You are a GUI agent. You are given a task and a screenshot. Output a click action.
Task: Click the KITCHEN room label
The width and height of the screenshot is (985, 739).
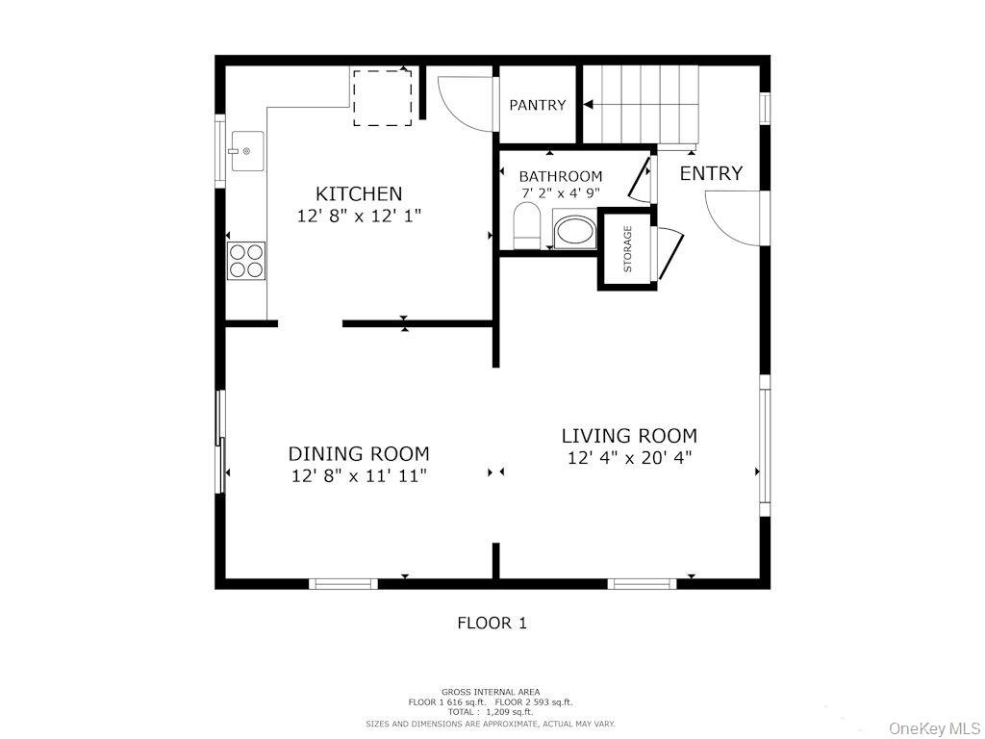click(x=359, y=194)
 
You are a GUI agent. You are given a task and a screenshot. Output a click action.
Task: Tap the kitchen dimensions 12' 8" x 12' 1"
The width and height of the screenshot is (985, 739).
click(x=359, y=217)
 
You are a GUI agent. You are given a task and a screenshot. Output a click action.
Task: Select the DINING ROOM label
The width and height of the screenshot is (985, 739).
click(x=359, y=453)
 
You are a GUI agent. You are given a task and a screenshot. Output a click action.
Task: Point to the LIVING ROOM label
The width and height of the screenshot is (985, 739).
click(x=629, y=436)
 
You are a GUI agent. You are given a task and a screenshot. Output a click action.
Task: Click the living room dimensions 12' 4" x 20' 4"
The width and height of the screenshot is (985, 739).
click(x=629, y=458)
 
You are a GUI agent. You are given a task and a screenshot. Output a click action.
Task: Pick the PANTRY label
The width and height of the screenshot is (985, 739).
click(x=538, y=105)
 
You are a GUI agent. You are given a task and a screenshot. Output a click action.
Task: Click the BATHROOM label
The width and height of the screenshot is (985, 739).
click(x=561, y=176)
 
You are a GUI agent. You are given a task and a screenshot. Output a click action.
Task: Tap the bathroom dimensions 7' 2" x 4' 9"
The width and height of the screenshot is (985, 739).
click(x=561, y=192)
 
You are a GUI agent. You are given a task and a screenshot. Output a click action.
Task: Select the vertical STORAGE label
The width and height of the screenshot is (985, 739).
click(x=628, y=249)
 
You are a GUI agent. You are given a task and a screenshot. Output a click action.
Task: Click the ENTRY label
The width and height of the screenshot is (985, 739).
click(x=711, y=173)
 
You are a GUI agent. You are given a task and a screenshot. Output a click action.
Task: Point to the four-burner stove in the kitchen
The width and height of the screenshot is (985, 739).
click(x=245, y=260)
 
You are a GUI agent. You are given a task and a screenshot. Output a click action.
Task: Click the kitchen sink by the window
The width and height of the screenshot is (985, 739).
click(x=245, y=151)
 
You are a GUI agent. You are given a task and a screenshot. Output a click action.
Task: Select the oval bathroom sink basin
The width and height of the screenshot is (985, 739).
click(x=575, y=232)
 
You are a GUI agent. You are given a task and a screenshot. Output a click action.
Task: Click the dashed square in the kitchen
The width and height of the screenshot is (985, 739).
click(x=382, y=97)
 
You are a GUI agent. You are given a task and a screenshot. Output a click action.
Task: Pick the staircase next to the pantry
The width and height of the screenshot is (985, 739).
click(x=640, y=104)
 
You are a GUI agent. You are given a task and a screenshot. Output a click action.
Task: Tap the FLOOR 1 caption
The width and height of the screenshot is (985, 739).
click(x=492, y=623)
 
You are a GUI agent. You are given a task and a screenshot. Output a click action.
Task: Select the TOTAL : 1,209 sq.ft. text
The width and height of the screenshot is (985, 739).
click(x=491, y=712)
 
